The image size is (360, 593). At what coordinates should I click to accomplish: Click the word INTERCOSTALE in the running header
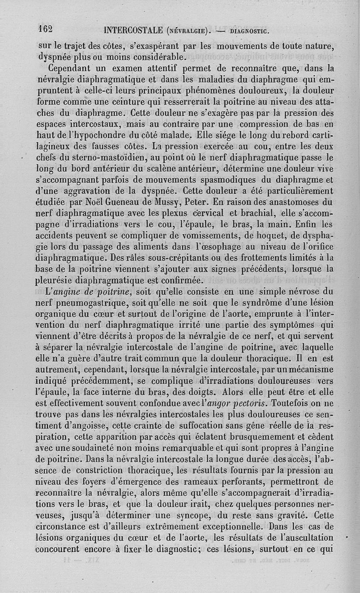133,31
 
